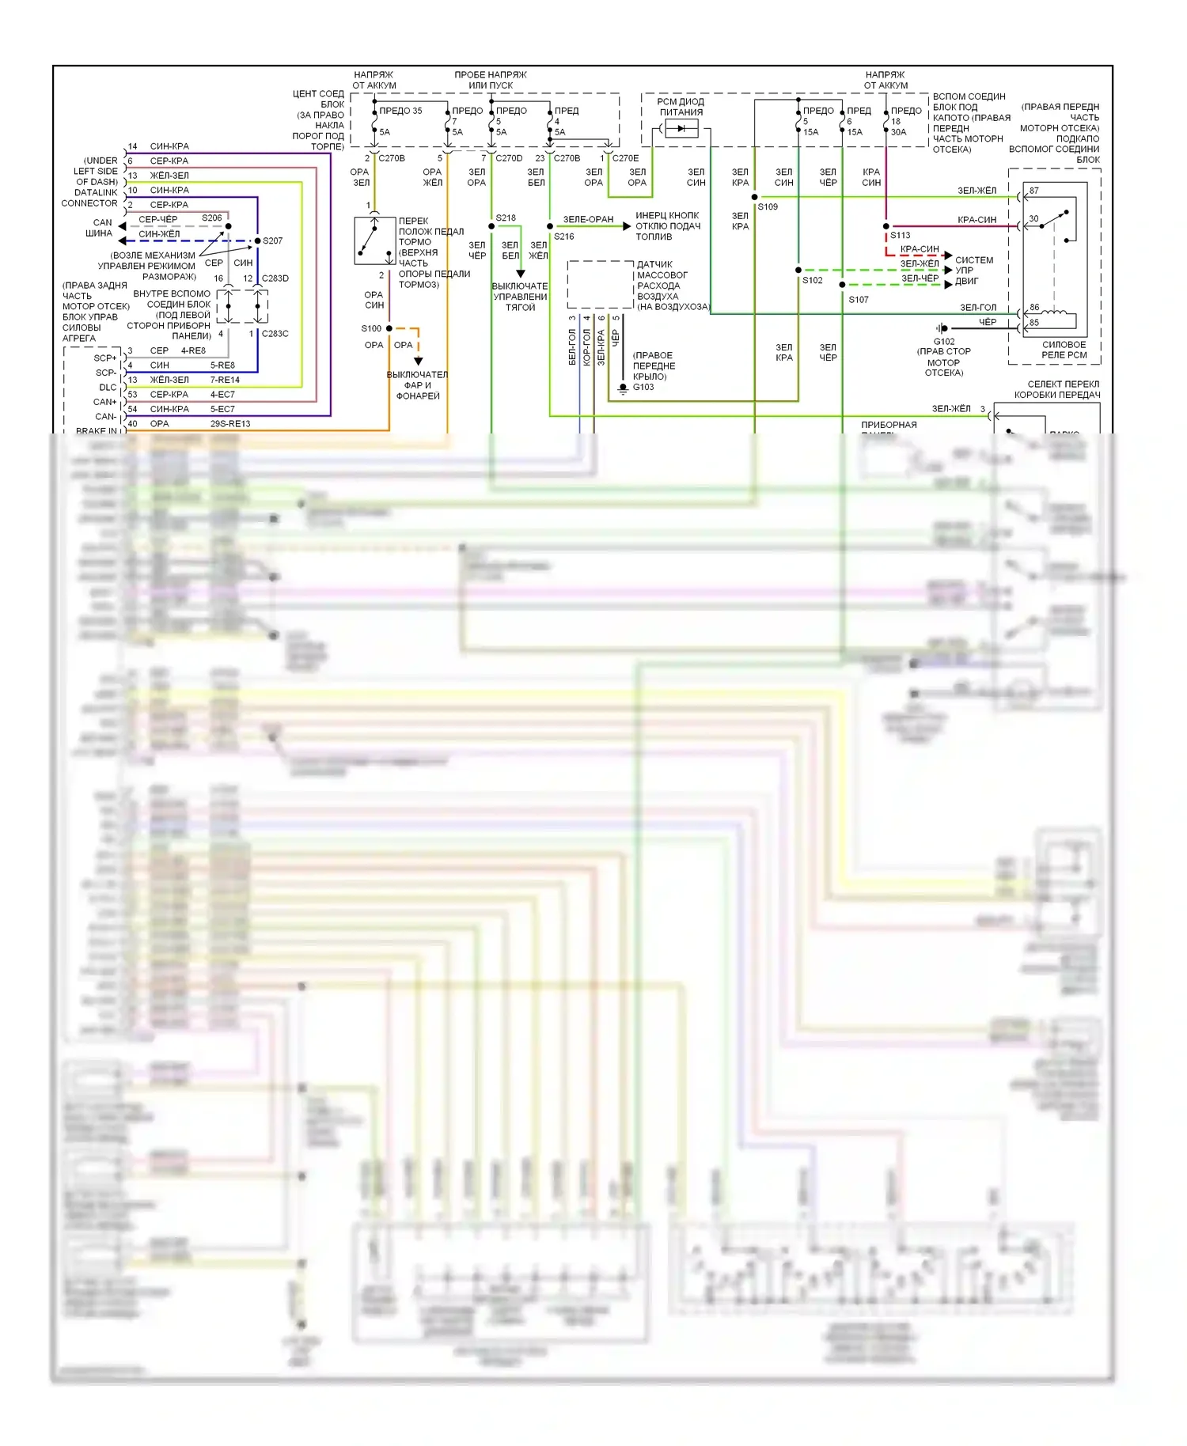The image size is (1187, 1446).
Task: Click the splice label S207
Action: (272, 240)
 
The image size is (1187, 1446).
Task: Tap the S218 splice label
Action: (506, 218)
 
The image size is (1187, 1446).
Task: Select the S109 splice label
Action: (768, 206)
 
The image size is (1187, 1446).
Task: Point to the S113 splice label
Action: (900, 235)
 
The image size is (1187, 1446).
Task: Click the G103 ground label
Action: (643, 387)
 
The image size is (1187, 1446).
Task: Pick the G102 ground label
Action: (943, 342)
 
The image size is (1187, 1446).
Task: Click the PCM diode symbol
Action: (681, 127)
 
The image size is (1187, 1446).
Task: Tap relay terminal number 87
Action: (1034, 191)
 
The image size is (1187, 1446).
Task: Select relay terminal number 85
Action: (1034, 323)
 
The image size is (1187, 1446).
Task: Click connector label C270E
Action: (625, 158)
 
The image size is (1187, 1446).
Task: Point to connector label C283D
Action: (275, 278)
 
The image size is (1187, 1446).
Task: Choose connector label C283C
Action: (275, 334)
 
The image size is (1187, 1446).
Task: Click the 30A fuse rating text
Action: (898, 132)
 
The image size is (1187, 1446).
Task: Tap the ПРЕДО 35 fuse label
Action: (400, 111)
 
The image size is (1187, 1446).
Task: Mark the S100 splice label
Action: (371, 328)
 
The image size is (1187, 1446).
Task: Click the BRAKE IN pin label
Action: (96, 431)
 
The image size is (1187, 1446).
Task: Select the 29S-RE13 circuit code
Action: (230, 424)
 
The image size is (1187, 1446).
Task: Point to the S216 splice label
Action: (564, 237)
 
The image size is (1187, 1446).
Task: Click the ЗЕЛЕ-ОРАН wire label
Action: (588, 219)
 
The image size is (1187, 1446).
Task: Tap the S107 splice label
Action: (859, 300)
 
